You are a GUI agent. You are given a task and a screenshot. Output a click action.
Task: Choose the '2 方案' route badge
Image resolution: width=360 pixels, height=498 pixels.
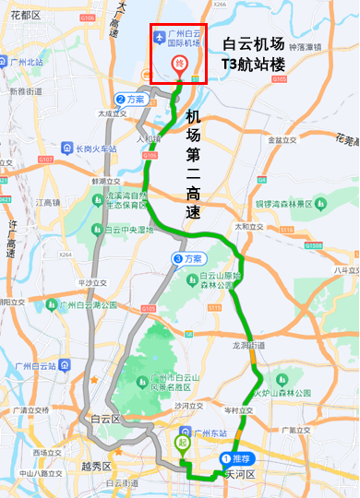130,99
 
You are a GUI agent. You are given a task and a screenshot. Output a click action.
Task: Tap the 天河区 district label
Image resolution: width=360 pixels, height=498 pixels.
239,474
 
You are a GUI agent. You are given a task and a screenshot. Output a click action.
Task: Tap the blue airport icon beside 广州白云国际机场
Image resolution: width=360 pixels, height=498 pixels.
160,37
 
